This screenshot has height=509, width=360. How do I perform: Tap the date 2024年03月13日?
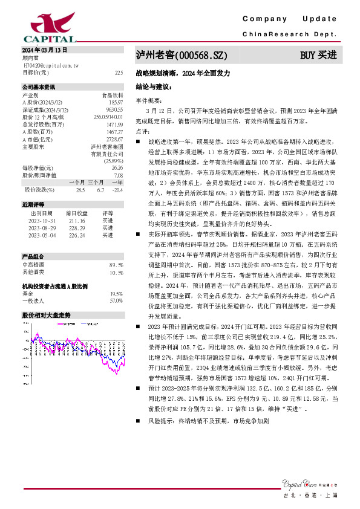(44, 50)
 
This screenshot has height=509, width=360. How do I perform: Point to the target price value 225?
(119, 72)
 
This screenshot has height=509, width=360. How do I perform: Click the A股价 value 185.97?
(114, 103)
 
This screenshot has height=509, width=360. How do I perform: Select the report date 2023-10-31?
(42, 220)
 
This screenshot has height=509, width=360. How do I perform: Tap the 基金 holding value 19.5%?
(116, 293)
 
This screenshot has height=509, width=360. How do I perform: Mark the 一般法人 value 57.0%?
(116, 300)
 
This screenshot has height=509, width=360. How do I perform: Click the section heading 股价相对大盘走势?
(47, 316)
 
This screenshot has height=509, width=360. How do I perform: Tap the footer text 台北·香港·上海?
(319, 495)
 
